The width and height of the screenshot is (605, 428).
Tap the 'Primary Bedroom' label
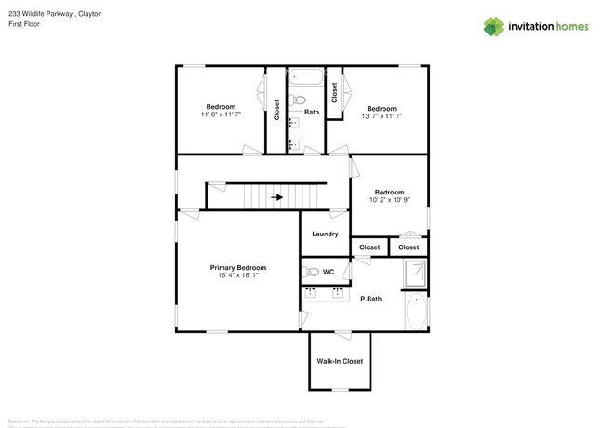pyautogui.click(x=237, y=267)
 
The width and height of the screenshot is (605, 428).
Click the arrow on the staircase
pyautogui.click(x=276, y=197)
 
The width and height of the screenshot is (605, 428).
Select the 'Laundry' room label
pyautogui.click(x=325, y=234)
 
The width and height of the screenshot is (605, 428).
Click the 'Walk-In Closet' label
pyautogui.click(x=340, y=361)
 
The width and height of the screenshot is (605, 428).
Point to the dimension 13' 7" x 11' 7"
pyautogui.click(x=382, y=116)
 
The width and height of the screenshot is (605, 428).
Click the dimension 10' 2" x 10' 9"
pyautogui.click(x=390, y=200)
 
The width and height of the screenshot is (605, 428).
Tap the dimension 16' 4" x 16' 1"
pyautogui.click(x=237, y=275)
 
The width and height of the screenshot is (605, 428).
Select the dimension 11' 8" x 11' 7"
pyautogui.click(x=221, y=114)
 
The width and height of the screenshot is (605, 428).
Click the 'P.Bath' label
pyautogui.click(x=370, y=299)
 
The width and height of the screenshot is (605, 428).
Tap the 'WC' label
pyautogui.click(x=329, y=272)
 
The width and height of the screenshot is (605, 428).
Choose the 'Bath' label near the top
pyautogui.click(x=312, y=112)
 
